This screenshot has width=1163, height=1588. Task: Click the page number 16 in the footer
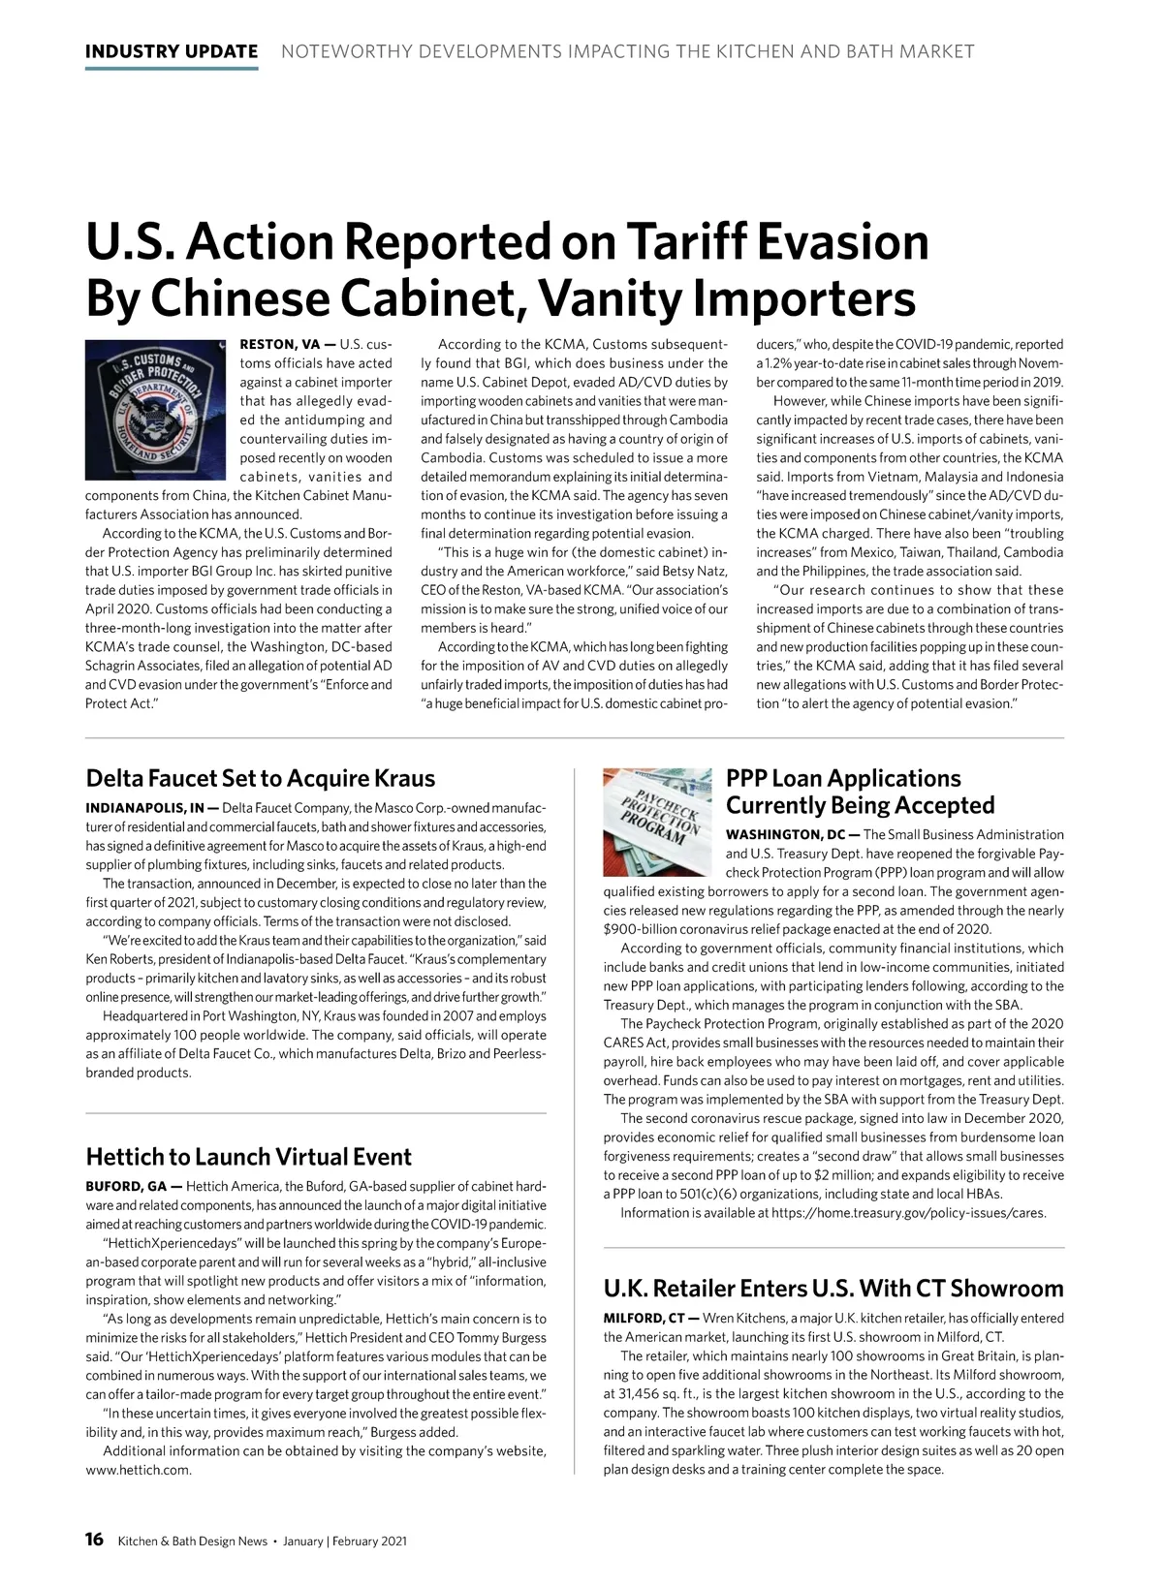coord(94,1541)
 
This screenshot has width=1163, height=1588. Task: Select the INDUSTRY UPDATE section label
coord(172,51)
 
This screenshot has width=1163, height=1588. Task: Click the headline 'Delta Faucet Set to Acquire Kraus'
coord(260,779)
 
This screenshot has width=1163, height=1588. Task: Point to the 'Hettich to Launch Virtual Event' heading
coord(248,1157)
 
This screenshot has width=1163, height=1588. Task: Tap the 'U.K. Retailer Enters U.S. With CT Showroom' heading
coord(833,1289)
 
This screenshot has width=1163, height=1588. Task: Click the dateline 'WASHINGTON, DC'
coord(786,835)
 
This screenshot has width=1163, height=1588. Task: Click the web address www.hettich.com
coord(139,1470)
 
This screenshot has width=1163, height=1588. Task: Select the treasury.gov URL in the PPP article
coord(908,1213)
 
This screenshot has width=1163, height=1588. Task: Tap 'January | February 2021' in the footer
coord(345,1541)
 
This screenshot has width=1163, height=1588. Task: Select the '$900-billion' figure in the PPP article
coord(639,929)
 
